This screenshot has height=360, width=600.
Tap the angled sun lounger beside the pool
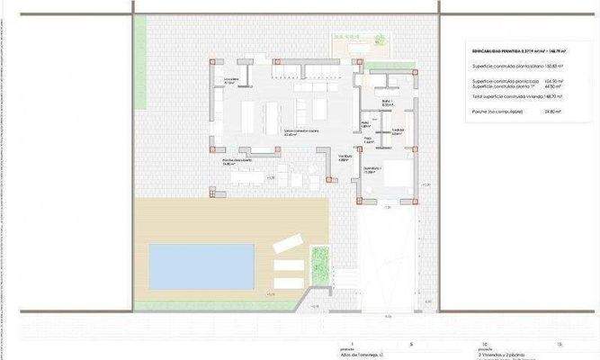pos(287,242)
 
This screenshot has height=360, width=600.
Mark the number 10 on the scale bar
pos(484,345)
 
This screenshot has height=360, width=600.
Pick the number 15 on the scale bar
pos(560,345)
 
